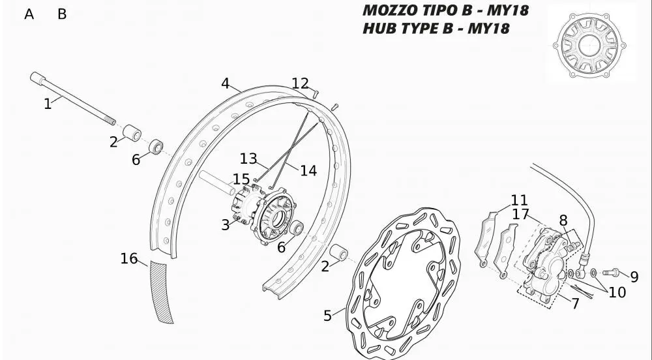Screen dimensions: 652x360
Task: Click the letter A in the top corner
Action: coord(29,14)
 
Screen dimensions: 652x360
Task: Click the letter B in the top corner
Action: coord(62,14)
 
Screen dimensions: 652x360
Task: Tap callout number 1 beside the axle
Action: coord(48,104)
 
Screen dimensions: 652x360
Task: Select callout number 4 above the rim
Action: coord(225,83)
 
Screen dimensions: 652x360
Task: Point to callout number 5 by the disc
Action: coord(328,316)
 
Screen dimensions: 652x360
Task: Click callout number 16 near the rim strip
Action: coord(129,258)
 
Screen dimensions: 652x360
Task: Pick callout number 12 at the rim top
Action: coord(300,83)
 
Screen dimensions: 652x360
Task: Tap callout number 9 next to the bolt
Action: coord(634,277)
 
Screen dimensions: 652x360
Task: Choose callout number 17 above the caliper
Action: coord(520,215)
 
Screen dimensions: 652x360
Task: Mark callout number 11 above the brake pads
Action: coord(519,200)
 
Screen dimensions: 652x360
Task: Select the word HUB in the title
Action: coord(378,28)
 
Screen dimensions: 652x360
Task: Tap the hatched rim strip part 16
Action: coord(162,292)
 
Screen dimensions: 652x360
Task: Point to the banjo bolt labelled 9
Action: coord(610,273)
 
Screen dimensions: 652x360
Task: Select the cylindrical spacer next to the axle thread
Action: coord(132,132)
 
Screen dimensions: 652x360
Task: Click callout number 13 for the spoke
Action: coord(248,158)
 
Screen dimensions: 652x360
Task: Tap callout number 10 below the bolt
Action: coord(617,292)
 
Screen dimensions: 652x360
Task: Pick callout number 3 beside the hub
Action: coord(226,225)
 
